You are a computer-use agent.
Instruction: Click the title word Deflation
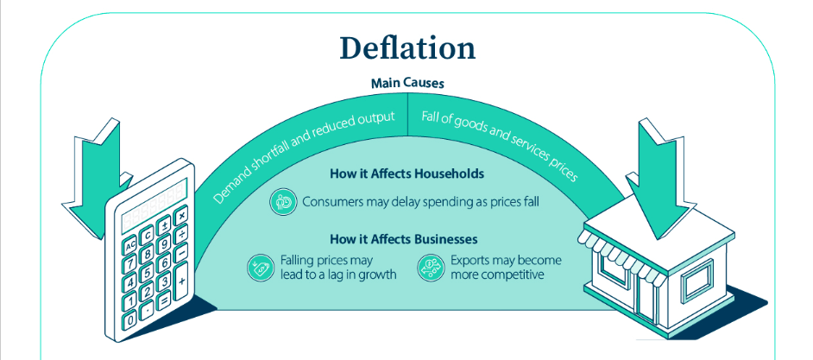(x=406, y=48)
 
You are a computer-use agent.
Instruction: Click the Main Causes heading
(x=407, y=84)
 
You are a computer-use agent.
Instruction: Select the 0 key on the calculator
(x=131, y=320)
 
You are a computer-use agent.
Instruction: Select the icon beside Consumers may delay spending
(x=283, y=202)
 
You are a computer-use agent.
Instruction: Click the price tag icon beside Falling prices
(x=260, y=268)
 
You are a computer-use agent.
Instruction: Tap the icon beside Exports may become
(x=429, y=268)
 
